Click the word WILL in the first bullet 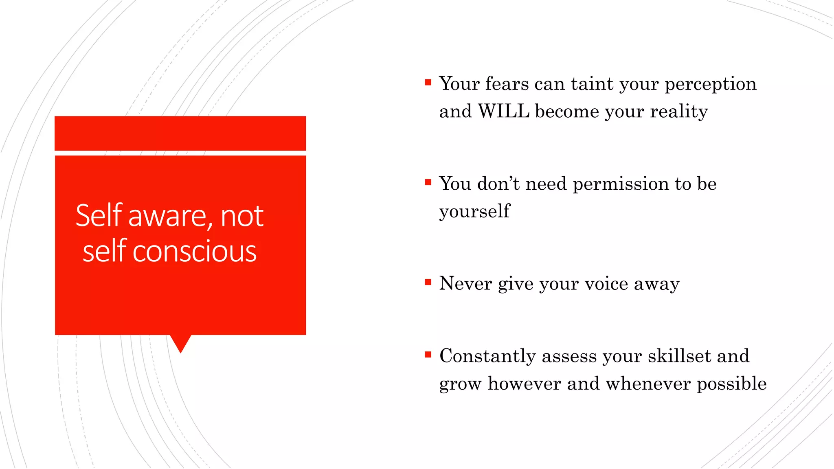(x=503, y=111)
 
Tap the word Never (x=465, y=283)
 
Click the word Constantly (x=487, y=356)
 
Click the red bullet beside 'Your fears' (x=428, y=83)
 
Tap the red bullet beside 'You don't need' (x=428, y=182)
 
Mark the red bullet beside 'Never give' (x=428, y=282)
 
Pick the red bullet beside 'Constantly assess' (x=428, y=355)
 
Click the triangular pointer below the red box (x=180, y=342)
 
